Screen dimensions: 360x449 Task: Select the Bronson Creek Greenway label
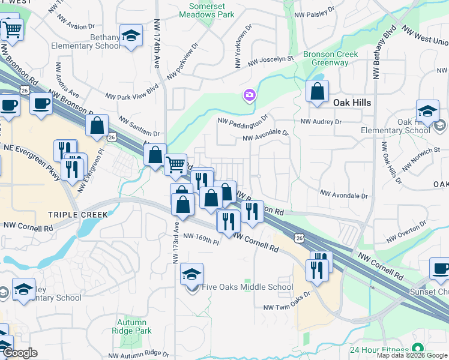(x=330, y=58)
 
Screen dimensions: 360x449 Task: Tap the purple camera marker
(x=249, y=95)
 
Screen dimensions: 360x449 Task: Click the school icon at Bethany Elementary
(x=130, y=36)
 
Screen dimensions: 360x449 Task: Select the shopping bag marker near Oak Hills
(x=317, y=92)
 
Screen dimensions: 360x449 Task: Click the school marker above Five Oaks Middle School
(x=191, y=274)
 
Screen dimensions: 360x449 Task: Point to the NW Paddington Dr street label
(x=242, y=121)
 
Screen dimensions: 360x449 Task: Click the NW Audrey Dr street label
(x=321, y=121)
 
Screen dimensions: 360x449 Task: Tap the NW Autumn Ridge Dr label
(x=140, y=354)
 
